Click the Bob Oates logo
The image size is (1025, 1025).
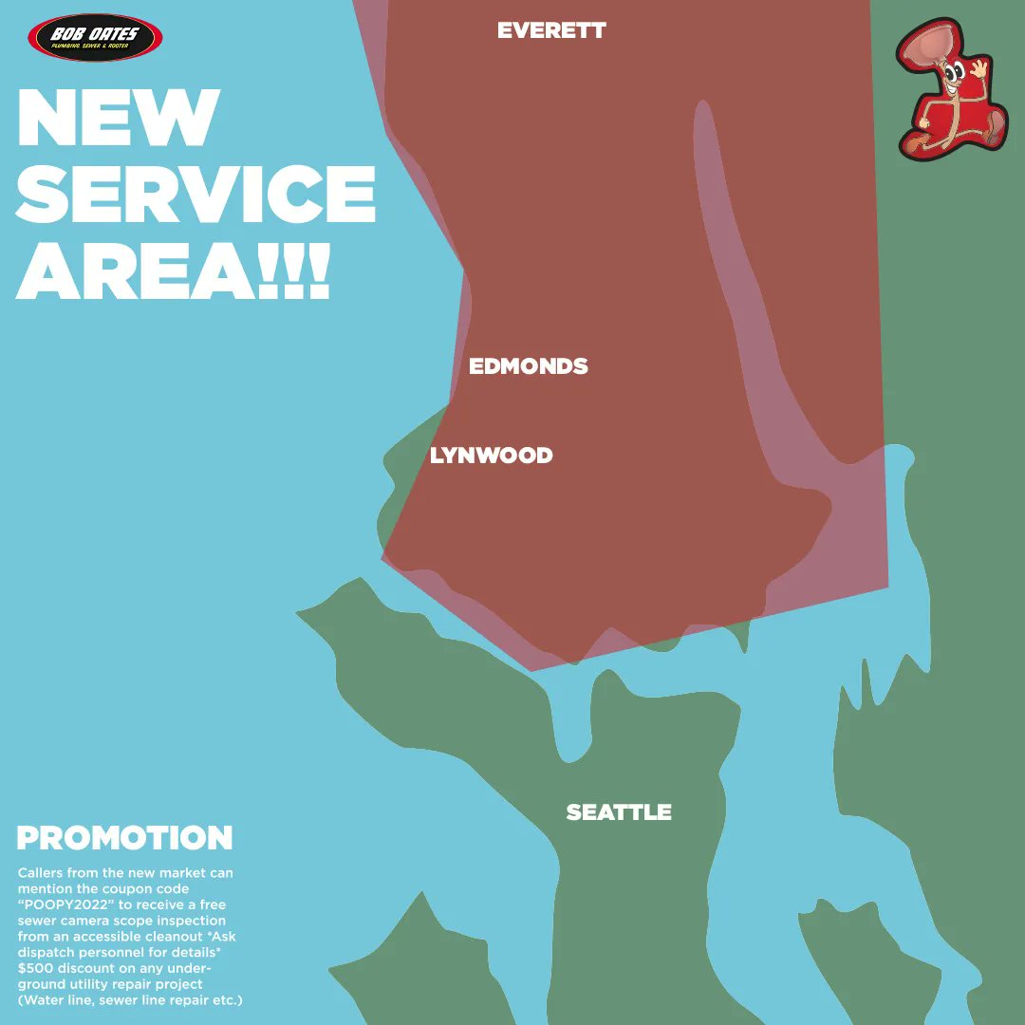pyautogui.click(x=95, y=38)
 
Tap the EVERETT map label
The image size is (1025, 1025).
pyautogui.click(x=551, y=30)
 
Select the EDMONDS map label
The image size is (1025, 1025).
pyautogui.click(x=529, y=366)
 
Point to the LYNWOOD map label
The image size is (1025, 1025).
pyautogui.click(x=491, y=456)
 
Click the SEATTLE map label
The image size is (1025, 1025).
pyautogui.click(x=619, y=812)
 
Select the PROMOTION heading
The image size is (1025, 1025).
pyautogui.click(x=124, y=838)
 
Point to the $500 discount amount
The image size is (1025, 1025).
pyautogui.click(x=39, y=968)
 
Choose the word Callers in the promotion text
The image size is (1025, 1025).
pyautogui.click(x=44, y=873)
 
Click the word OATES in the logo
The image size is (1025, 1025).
pyautogui.click(x=113, y=34)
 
